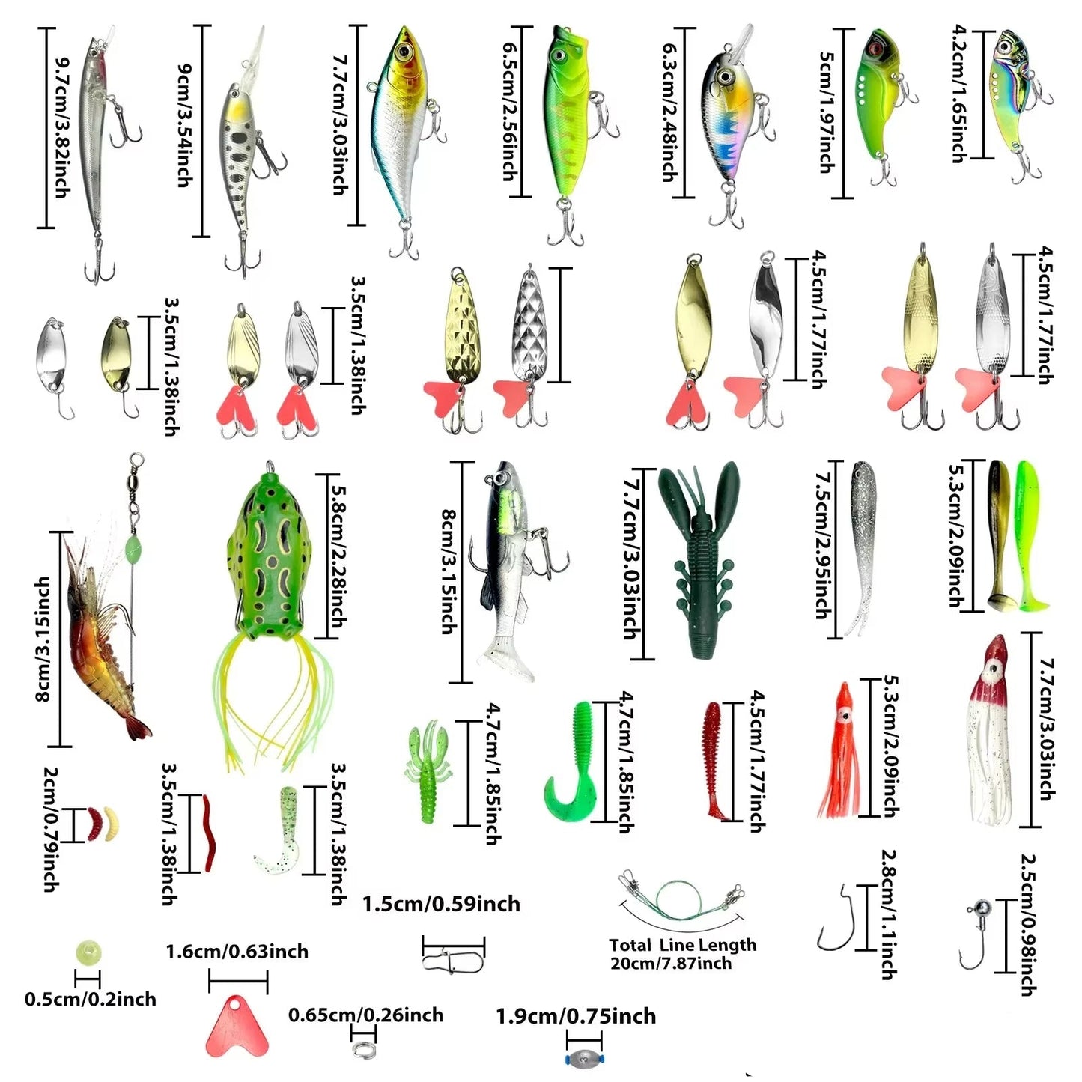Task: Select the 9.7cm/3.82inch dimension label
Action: (62, 128)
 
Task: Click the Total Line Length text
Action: (682, 945)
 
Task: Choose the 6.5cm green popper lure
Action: (569, 120)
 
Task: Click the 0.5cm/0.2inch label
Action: (90, 999)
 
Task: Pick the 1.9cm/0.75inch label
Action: (575, 1016)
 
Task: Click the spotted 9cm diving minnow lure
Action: (240, 150)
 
